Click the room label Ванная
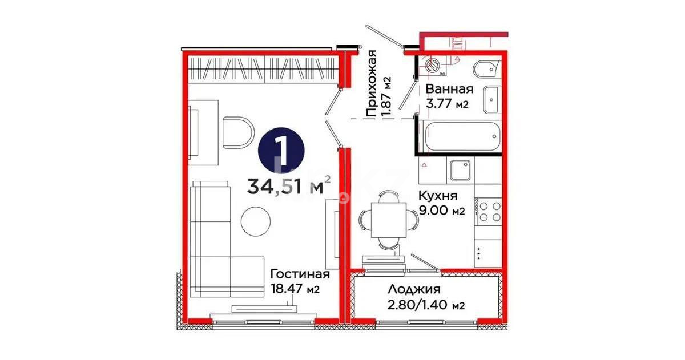coord(449,89)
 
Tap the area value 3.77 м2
coord(448,104)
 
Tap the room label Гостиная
coord(300,274)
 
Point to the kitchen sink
coord(460,169)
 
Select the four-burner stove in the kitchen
coord(488,211)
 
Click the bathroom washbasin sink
coord(491,99)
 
